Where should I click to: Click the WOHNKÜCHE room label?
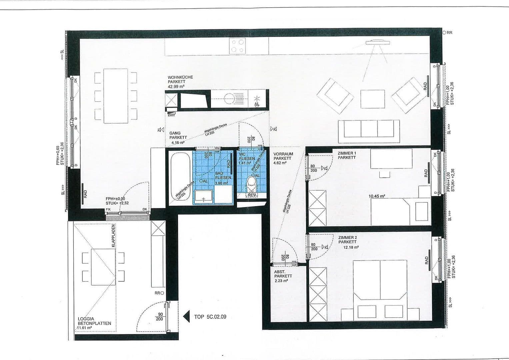[x=180, y=77]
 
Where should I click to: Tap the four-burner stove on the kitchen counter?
[x=237, y=46]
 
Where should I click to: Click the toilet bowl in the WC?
[x=251, y=182]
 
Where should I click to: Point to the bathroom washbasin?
[x=204, y=197]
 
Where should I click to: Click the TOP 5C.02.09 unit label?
[x=210, y=317]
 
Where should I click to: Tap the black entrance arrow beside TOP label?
[x=186, y=316]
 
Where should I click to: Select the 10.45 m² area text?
[x=377, y=196]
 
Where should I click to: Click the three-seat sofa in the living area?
[x=369, y=129]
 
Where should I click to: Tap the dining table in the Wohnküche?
[x=116, y=96]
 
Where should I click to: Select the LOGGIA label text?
[x=86, y=319]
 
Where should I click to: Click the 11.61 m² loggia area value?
[x=84, y=328]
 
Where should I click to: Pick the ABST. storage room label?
[x=279, y=272]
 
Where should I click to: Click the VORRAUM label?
[x=283, y=154]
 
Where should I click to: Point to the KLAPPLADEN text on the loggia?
[x=113, y=235]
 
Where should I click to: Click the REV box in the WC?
[x=252, y=195]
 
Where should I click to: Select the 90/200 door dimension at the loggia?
[x=160, y=317]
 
